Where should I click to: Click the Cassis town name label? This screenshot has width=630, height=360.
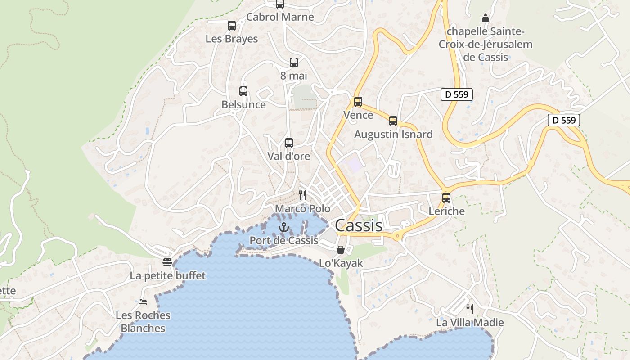(x=359, y=225)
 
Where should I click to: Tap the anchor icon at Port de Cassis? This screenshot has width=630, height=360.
(x=283, y=227)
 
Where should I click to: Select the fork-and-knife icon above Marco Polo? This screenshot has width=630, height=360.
(x=302, y=195)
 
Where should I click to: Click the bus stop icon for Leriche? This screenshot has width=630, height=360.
(x=446, y=198)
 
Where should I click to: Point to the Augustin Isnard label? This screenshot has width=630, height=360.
(x=393, y=134)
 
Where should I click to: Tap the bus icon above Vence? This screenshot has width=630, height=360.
(x=358, y=102)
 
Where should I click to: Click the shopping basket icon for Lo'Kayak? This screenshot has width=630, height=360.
(x=341, y=249)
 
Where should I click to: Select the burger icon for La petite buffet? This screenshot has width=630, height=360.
(x=167, y=262)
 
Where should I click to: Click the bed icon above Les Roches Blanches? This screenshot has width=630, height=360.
(x=143, y=301)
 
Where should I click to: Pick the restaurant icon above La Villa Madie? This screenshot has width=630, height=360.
(x=470, y=309)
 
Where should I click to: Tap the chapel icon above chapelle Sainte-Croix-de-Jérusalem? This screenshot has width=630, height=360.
(x=485, y=18)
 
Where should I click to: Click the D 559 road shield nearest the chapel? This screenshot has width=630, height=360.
(x=456, y=94)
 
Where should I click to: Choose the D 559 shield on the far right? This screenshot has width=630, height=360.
(x=564, y=120)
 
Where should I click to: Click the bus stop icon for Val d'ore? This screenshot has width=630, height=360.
(x=289, y=143)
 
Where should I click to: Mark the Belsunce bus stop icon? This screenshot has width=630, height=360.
(x=243, y=91)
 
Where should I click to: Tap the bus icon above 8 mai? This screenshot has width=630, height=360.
(x=294, y=63)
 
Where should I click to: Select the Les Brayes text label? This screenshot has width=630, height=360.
(x=232, y=39)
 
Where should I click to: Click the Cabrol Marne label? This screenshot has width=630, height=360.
(x=280, y=17)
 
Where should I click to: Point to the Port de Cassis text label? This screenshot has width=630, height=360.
(x=284, y=240)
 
